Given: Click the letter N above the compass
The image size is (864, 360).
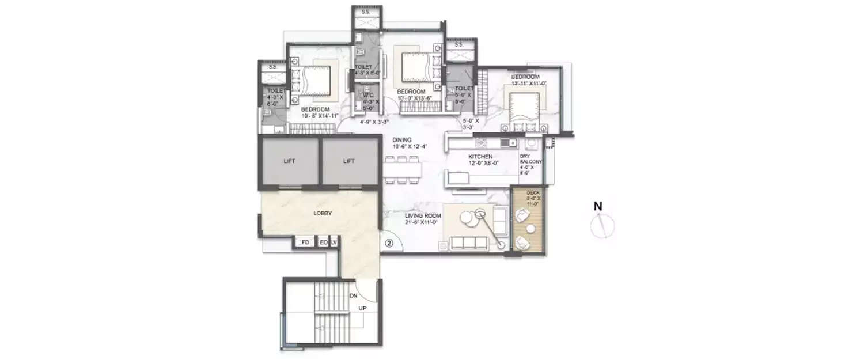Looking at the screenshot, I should tap(598, 206).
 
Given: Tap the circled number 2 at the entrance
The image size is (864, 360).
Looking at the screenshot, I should tap(389, 244).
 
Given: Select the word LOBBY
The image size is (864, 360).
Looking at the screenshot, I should tap(323, 213).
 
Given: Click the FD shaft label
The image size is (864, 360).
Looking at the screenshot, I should tap(305, 243).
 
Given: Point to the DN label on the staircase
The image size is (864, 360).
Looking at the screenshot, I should tap(354, 295).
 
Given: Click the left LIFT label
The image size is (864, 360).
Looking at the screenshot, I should tap(289, 161).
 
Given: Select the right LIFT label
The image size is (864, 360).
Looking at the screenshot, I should tap(348, 161).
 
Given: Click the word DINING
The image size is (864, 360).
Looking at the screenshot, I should tap(401, 139).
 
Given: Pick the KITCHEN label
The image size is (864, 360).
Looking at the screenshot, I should tap(480, 156).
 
